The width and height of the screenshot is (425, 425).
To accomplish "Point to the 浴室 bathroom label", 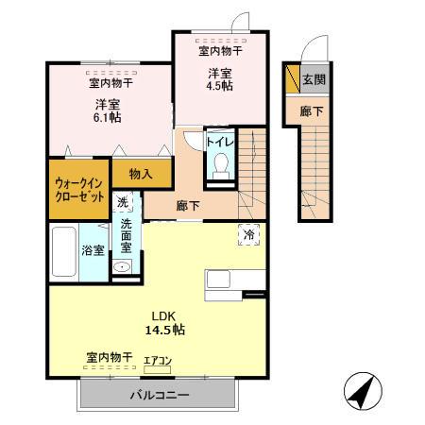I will pos(92,250).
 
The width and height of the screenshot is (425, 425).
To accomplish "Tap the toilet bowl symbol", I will pos(221,166).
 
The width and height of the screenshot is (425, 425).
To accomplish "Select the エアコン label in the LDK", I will pos(159,360).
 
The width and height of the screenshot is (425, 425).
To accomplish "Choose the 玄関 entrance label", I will pos(314,80).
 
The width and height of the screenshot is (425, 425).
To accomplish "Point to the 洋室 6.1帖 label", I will pos(105,110).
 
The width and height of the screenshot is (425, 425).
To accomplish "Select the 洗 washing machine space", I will pos(123,201).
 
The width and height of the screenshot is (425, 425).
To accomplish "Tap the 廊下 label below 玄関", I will pos(312,110).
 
